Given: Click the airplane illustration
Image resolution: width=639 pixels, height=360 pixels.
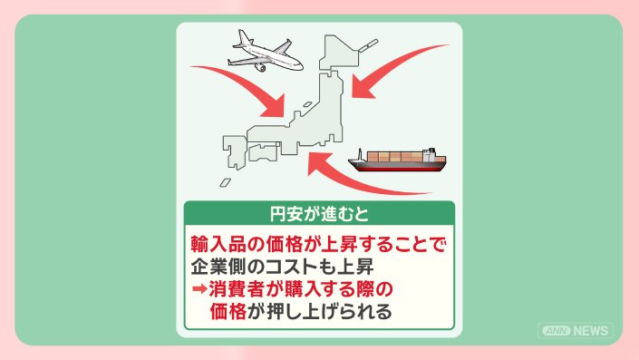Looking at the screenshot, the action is [x=265, y=53].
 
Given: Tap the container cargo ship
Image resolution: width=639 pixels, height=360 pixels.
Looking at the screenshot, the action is [x=397, y=161].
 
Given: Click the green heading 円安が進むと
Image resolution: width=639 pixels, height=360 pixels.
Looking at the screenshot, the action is [x=319, y=214].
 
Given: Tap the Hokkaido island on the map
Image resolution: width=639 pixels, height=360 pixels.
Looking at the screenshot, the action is [x=339, y=53].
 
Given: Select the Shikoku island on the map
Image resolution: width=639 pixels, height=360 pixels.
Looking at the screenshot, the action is [x=263, y=151].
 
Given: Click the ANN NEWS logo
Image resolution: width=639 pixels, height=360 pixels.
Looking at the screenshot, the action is [x=575, y=331].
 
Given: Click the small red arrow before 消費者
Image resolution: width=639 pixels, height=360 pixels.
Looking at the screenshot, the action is [x=199, y=289].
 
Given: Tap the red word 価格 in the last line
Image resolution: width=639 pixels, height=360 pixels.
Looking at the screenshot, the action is [x=228, y=311].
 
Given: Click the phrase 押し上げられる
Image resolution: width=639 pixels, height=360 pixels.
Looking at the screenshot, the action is [x=329, y=311].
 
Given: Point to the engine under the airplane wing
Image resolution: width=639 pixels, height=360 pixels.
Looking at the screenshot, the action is [x=260, y=67].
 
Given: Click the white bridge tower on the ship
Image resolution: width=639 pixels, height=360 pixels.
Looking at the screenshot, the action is [x=429, y=154].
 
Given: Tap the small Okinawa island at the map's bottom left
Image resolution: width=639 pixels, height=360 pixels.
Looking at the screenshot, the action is [x=226, y=182].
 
